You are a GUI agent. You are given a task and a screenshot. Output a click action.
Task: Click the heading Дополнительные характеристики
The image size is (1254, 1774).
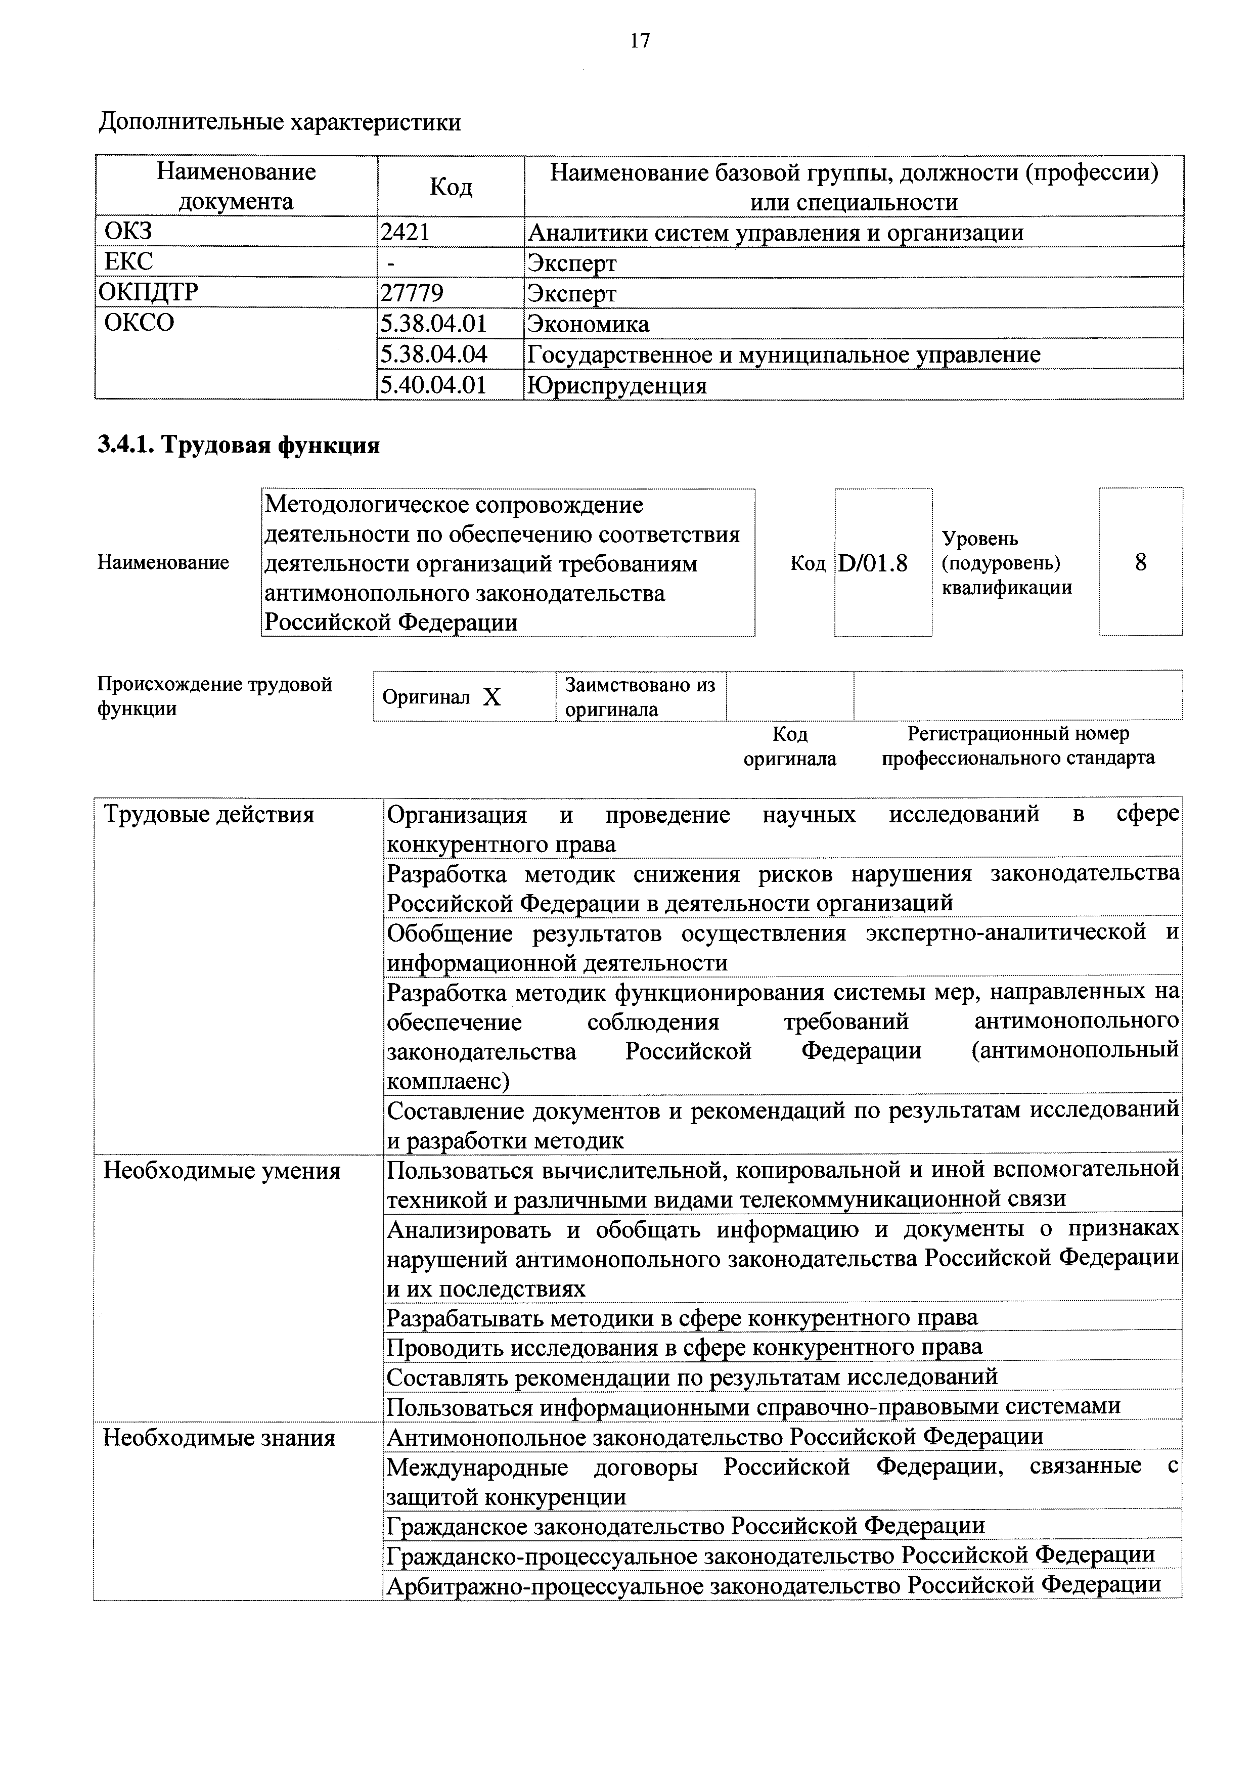click(x=279, y=122)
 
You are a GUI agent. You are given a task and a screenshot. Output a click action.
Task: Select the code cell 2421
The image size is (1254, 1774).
click(x=405, y=232)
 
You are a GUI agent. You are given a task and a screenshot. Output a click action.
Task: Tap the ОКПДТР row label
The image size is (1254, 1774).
click(x=148, y=292)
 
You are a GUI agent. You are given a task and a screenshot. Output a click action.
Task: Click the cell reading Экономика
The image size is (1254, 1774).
click(x=588, y=323)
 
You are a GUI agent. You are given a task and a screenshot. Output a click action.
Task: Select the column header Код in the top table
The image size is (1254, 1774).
click(x=451, y=186)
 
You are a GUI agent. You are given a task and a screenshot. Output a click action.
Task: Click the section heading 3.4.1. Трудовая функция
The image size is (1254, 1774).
click(x=238, y=445)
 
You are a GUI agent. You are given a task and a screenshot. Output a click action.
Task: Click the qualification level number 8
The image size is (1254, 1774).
click(x=1140, y=562)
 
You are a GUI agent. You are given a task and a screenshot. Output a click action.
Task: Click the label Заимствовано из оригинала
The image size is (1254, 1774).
click(x=640, y=697)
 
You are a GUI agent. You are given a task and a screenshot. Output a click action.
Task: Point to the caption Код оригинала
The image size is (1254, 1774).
click(x=790, y=745)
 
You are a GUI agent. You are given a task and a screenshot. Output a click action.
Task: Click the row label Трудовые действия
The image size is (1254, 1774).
click(x=209, y=814)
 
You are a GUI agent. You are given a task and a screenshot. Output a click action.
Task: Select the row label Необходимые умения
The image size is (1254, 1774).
click(x=222, y=1171)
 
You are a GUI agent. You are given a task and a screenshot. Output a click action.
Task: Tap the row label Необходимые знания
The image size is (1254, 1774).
click(x=219, y=1438)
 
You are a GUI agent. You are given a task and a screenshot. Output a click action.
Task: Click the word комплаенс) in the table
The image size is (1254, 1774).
click(x=448, y=1081)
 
